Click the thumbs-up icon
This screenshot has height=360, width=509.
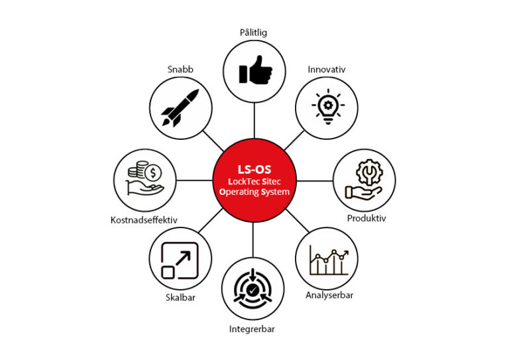point(254,68)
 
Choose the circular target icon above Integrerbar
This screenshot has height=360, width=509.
point(254,290)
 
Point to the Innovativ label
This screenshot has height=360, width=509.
point(327,69)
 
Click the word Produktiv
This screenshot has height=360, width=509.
point(367,218)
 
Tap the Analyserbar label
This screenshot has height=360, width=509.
point(329,295)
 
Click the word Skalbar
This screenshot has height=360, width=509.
point(180,297)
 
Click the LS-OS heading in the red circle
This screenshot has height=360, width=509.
point(254,168)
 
